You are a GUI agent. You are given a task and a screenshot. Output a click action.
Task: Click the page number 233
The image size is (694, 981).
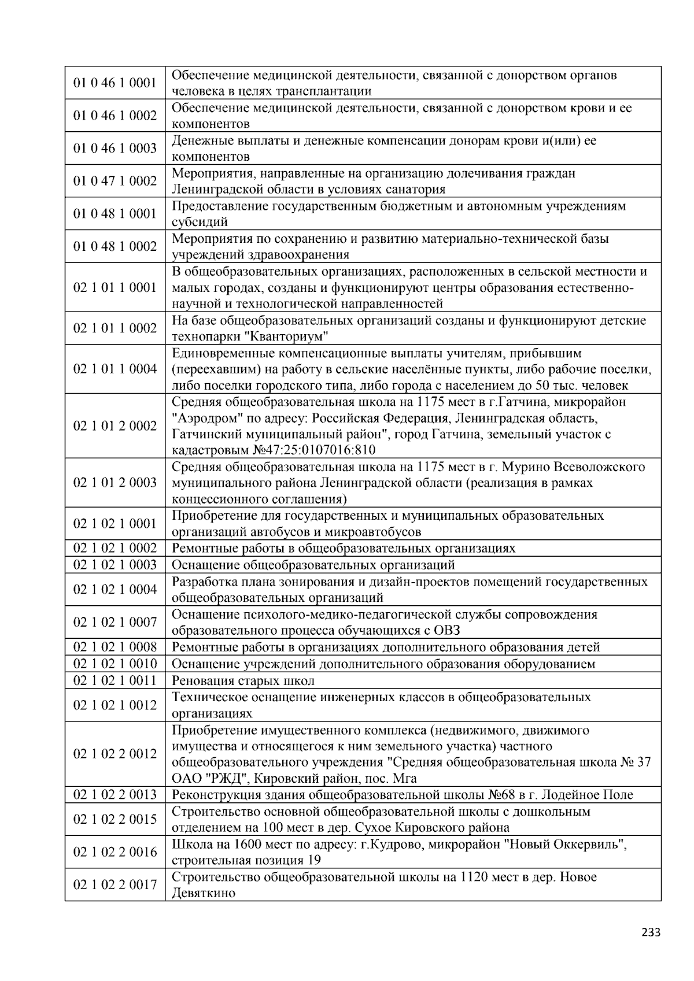651,932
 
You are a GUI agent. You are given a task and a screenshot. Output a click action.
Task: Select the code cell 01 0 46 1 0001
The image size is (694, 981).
115,83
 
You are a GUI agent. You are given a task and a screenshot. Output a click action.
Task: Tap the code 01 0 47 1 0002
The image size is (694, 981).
115,182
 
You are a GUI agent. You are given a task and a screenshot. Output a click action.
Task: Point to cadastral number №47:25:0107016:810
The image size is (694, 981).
313,450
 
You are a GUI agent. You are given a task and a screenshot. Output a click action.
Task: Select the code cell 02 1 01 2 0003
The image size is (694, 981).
115,483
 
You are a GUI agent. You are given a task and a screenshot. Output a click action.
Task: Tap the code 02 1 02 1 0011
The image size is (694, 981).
115,680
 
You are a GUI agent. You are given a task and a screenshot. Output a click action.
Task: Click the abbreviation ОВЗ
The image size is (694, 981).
446,630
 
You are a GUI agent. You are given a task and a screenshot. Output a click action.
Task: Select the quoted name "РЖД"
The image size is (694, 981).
228,778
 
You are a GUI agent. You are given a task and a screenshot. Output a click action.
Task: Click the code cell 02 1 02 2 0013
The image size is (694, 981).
115,795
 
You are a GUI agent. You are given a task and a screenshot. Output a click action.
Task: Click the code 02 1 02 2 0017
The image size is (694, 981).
115,884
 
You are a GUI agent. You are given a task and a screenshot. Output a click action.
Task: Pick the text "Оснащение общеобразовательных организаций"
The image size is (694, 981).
313,565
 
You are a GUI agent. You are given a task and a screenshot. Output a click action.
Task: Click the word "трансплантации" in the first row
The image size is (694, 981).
324,91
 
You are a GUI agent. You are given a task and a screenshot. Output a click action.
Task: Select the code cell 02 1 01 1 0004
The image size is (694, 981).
115,369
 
